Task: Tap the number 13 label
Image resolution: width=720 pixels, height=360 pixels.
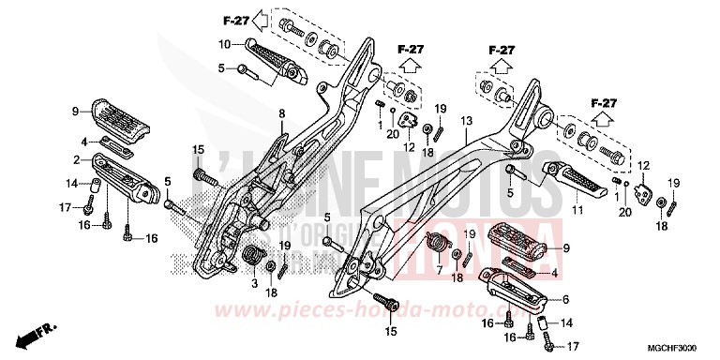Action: pos(466,122)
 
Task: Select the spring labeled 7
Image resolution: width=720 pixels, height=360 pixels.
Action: pos(438,245)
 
